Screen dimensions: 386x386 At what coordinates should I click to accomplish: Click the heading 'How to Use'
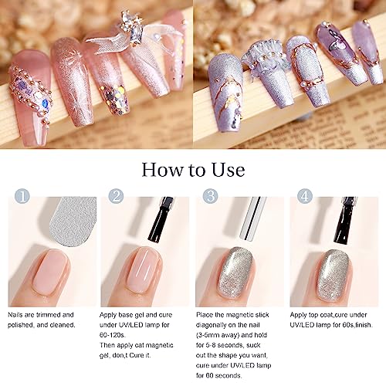193,170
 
